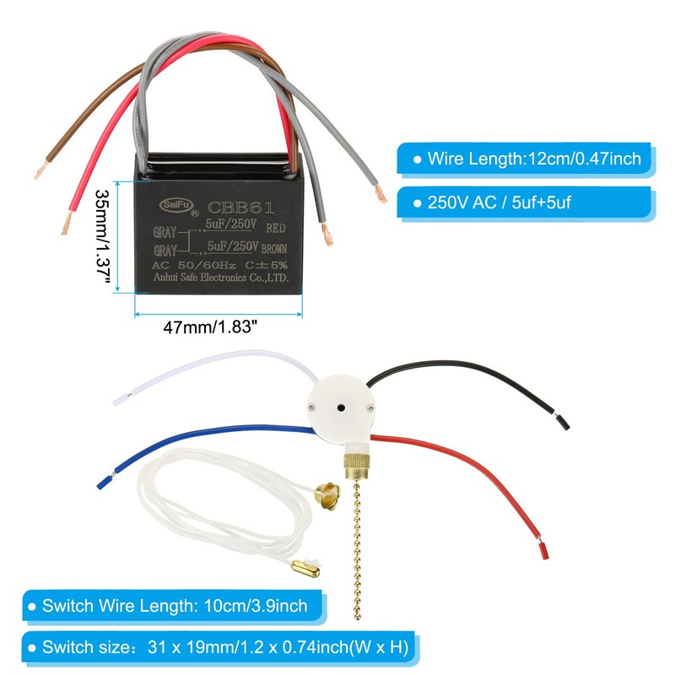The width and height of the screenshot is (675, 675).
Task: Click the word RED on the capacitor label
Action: pyautogui.click(x=275, y=228)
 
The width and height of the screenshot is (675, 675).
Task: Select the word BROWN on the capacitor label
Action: pyautogui.click(x=276, y=250)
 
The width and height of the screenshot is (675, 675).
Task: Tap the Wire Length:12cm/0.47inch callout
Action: pyautogui.click(x=532, y=159)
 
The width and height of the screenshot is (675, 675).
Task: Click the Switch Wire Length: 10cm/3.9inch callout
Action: pyautogui.click(x=174, y=605)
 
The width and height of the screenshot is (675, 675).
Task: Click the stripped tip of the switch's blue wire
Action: pyautogui.click(x=103, y=481)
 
